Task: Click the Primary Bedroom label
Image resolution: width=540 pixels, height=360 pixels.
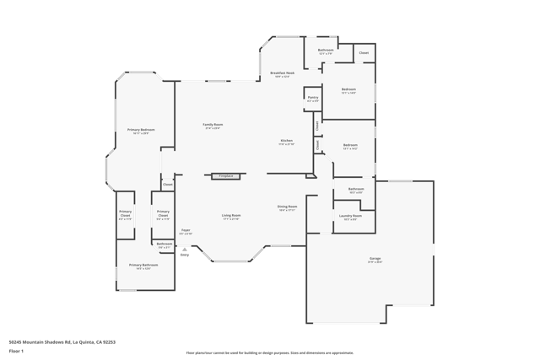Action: coord(141,130)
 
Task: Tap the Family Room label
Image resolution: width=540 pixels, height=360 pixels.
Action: coord(213,125)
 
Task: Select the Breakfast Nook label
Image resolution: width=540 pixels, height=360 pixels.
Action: coord(283,73)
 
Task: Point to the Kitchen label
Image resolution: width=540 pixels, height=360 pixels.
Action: coord(287,141)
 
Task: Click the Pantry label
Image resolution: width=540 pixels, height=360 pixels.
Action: coord(313,98)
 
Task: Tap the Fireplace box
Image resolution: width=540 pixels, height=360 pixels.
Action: coord(225,176)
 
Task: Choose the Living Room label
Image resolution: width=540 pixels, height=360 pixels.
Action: coord(231,215)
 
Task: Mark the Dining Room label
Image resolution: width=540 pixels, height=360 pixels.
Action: coord(288,207)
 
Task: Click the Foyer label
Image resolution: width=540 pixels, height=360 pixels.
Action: coord(186,230)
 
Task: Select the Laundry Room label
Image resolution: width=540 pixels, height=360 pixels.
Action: coord(350,216)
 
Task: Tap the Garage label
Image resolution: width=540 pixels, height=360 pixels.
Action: coord(375,259)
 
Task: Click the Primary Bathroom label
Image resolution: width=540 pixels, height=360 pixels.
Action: coord(143,266)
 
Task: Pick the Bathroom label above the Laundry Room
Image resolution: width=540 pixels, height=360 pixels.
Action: coord(356,189)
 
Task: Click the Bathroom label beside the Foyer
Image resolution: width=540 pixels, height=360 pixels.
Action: coord(165,244)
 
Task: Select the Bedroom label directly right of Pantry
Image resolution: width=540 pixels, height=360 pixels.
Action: coord(348,89)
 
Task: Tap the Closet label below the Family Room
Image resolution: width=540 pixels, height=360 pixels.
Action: coord(168,184)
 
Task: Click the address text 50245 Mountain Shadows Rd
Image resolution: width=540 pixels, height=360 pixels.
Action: coord(62,342)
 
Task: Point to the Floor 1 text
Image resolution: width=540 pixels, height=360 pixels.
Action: coord(16,351)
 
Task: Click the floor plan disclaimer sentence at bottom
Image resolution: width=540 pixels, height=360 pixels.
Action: coord(270,353)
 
